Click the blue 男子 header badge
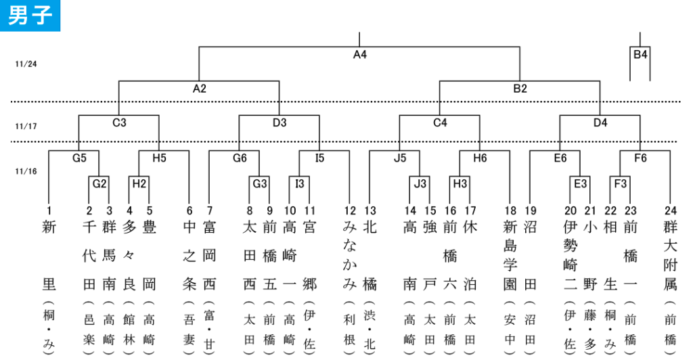click(x=30, y=16)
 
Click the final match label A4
click(x=360, y=55)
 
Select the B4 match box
click(x=640, y=54)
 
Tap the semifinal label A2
click(x=200, y=89)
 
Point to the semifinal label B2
click(x=520, y=89)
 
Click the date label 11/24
click(x=26, y=64)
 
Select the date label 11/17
click(x=26, y=127)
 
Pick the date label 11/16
click(x=26, y=171)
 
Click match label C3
click(x=119, y=122)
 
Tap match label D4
click(x=600, y=122)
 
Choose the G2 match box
click(x=99, y=184)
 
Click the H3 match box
click(x=460, y=184)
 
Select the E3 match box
click(x=580, y=184)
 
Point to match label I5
click(x=319, y=158)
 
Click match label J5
click(x=400, y=158)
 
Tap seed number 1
click(x=49, y=211)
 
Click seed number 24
click(x=671, y=211)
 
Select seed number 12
click(x=350, y=211)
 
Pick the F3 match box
click(x=620, y=184)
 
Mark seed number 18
click(x=510, y=211)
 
